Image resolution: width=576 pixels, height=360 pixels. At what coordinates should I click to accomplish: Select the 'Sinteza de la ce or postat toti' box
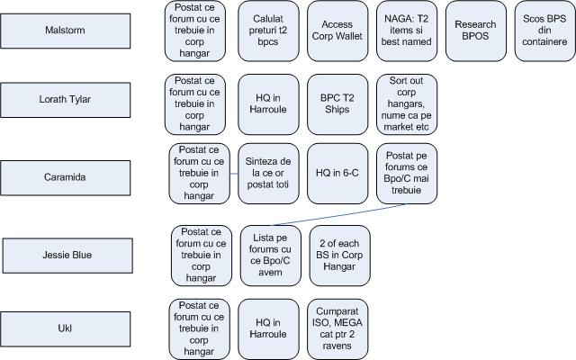[x=268, y=173]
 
